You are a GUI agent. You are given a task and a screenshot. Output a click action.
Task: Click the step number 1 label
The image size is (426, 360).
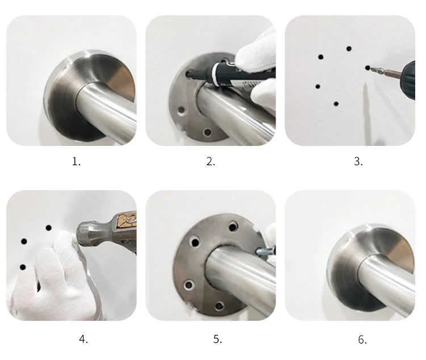[x=76, y=162]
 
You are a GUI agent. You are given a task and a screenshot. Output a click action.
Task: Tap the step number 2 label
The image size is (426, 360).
[x=211, y=162]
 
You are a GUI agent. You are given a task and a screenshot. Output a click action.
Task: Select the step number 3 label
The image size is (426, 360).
[x=358, y=162]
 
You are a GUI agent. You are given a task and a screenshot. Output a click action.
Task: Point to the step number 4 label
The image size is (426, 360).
[x=83, y=339]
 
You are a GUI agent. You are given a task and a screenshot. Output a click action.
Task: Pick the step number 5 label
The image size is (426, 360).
[x=218, y=339]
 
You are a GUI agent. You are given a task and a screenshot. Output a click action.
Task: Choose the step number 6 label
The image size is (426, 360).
[x=362, y=340]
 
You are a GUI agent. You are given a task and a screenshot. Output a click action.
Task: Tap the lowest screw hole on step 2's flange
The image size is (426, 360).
[x=207, y=132]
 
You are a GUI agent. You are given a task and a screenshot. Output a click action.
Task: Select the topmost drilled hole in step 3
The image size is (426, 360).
[x=349, y=49]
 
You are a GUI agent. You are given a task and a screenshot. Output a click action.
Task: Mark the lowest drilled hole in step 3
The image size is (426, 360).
[x=336, y=104]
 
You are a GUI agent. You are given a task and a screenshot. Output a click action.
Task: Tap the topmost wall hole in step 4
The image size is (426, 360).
[x=49, y=228]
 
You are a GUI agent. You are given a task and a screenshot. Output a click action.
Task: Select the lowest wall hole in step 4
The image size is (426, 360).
[x=23, y=267]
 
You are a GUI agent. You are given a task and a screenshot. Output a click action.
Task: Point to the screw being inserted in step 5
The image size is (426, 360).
[x=266, y=251]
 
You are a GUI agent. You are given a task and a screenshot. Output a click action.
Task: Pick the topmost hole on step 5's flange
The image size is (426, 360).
[x=233, y=226]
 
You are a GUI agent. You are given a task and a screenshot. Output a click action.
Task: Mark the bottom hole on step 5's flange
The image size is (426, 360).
[x=219, y=306]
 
